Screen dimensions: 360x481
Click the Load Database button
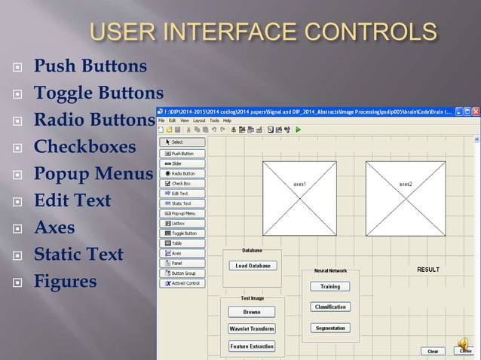252,266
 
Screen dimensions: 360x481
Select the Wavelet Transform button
252,329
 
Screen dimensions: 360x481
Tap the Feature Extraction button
252,346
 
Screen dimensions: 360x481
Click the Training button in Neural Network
330,286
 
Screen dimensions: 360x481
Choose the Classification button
330,307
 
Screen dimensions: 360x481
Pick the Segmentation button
330,328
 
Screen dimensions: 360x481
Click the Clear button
433,351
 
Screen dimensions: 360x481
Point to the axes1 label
299,183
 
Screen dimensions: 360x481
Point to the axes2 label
406,183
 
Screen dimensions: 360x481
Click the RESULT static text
428,269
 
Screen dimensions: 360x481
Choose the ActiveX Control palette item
182,283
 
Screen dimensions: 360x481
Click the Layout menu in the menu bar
199,121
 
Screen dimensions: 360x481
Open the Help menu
227,121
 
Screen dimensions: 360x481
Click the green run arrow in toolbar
298,130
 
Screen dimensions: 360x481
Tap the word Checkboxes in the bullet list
84,146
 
